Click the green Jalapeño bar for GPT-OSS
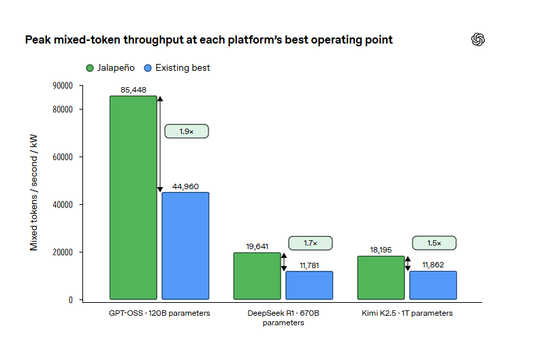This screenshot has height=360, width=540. (133, 197)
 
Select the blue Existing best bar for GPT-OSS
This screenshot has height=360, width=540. (185, 246)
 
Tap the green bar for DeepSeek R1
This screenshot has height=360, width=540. (257, 276)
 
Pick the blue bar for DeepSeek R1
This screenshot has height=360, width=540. (309, 285)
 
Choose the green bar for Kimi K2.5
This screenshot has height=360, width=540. (381, 278)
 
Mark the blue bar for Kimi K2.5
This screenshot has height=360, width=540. (433, 285)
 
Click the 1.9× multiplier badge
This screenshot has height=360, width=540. (187, 131)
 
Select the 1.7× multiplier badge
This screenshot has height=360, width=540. (311, 243)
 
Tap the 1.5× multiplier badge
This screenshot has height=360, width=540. (434, 243)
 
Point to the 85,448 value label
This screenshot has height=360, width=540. (133, 90)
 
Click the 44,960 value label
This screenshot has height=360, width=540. (186, 186)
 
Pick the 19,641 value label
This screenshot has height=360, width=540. (257, 246)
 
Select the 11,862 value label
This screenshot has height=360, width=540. (433, 265)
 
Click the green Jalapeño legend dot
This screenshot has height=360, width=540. (90, 68)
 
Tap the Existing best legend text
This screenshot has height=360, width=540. (182, 68)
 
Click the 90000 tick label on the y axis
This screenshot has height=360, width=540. (63, 85)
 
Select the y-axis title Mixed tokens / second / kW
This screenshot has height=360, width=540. (33, 193)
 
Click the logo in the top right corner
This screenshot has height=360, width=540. (478, 39)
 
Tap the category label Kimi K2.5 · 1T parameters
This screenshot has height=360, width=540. (407, 313)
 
